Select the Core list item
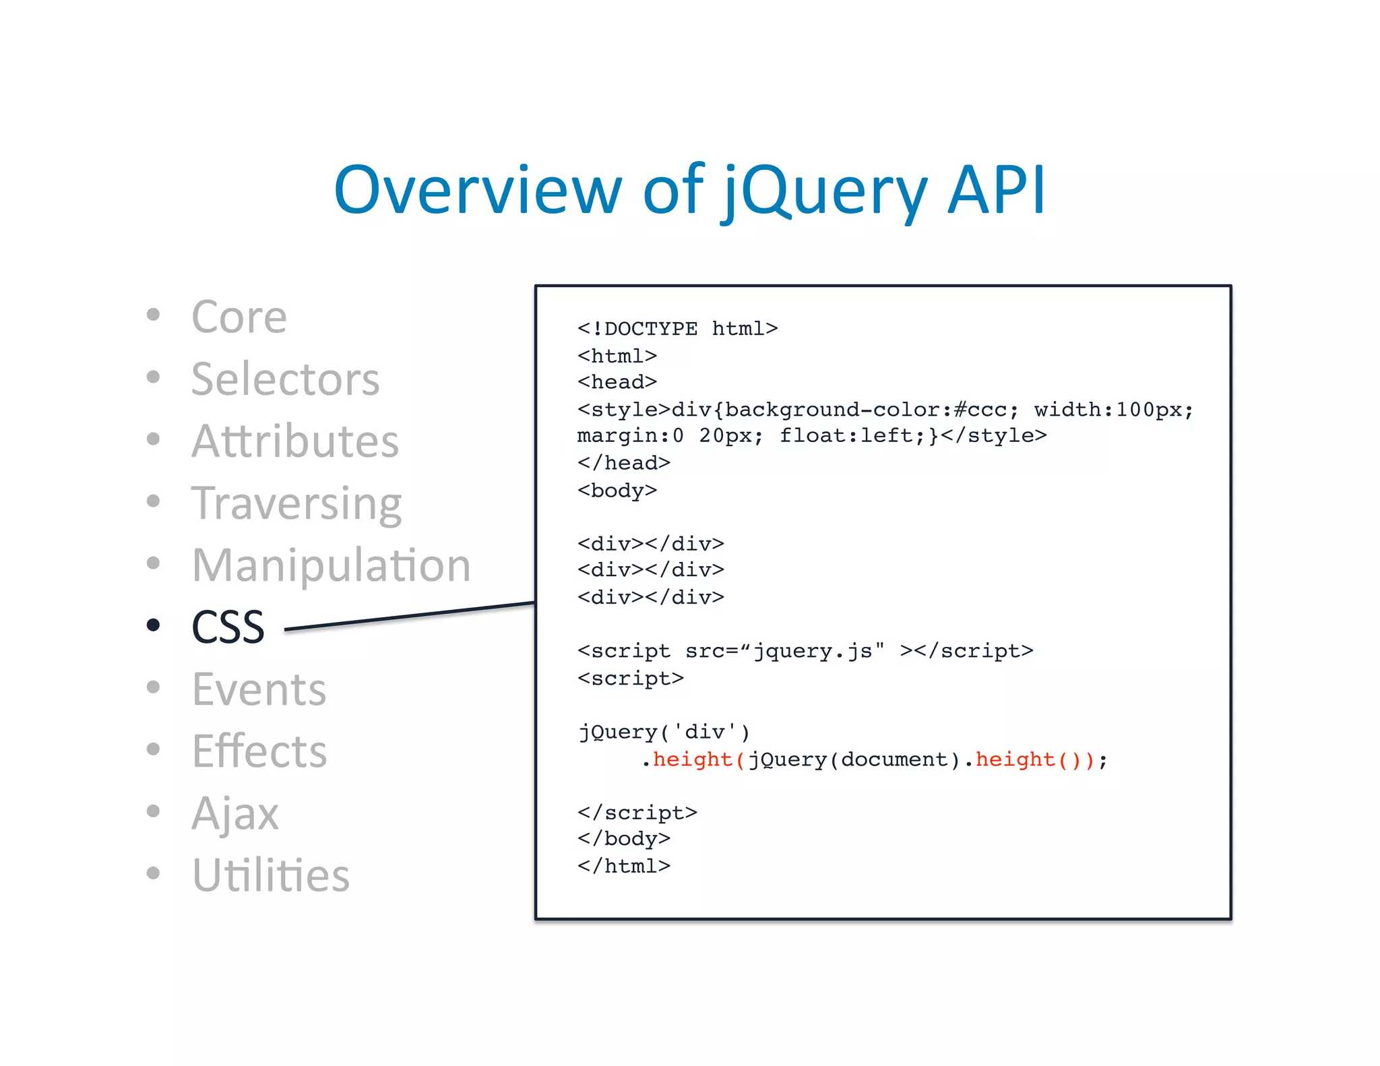click(x=239, y=317)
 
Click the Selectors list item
click(x=285, y=379)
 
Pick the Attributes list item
click(x=295, y=441)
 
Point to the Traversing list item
click(x=296, y=504)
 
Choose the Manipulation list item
click(x=331, y=565)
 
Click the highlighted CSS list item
click(x=228, y=627)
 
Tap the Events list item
click(x=259, y=689)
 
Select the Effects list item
click(x=259, y=751)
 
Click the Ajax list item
click(x=234, y=814)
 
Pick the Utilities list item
click(x=270, y=875)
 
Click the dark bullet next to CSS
click(x=154, y=625)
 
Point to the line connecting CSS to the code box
click(x=409, y=617)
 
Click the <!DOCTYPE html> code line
click(x=677, y=329)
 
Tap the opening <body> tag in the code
click(x=617, y=490)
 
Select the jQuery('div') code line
click(x=664, y=732)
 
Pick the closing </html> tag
click(x=623, y=866)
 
